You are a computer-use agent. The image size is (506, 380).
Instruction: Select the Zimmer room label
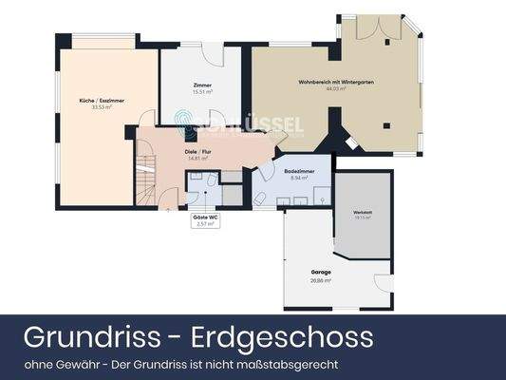point(200,85)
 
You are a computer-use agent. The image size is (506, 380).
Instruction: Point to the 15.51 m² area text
point(200,92)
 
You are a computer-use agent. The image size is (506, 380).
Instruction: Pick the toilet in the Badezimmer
point(258,198)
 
